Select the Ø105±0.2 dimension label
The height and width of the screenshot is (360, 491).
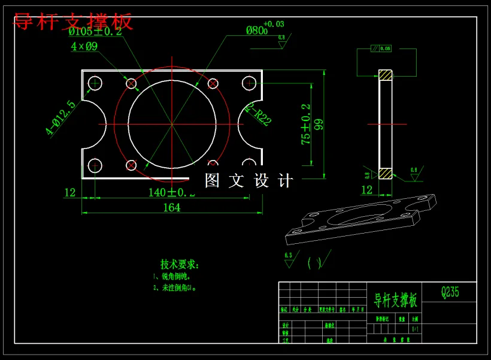coord(95,32)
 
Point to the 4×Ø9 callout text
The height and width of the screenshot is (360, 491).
coord(84,46)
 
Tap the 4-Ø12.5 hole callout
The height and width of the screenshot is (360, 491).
coord(61,118)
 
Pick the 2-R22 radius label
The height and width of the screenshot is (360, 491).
coord(259,114)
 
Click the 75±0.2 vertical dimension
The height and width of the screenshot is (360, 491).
coord(306,125)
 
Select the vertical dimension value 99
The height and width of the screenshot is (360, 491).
coord(319,125)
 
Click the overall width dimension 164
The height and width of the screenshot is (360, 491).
coord(171,207)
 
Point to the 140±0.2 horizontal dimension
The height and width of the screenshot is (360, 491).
coord(171,192)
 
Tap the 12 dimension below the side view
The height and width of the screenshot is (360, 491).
coord(367,190)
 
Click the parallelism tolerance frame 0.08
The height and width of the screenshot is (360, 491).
coord(381,48)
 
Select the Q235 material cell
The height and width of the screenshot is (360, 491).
coord(450,292)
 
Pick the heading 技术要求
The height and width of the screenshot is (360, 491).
coord(179,264)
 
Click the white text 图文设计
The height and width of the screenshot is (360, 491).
coord(248,181)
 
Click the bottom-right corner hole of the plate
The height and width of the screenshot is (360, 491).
coord(248,165)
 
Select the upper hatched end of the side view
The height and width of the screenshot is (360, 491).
coord(385,75)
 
